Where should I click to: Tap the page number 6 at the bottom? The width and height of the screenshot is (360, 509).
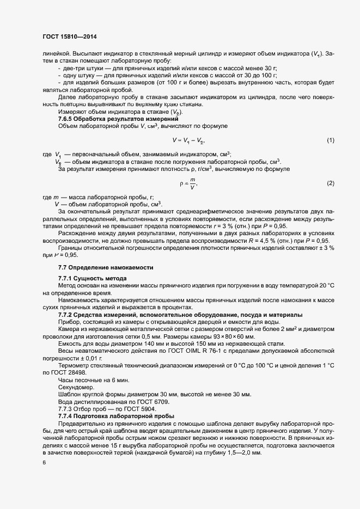[44, 462]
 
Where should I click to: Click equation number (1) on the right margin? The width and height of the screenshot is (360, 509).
[330, 140]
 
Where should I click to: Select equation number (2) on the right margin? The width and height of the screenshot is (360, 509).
[330, 183]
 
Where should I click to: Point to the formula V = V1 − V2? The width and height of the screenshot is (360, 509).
[188, 140]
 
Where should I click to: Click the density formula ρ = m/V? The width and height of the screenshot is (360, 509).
[188, 183]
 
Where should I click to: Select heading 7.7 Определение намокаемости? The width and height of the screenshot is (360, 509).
[106, 268]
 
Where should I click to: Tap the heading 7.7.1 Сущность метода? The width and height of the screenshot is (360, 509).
[93, 279]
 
